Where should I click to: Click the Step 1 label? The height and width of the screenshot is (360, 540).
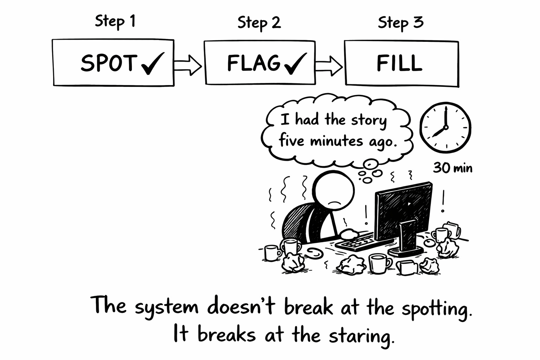[115, 22]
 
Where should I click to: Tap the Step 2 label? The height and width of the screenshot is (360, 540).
[259, 23]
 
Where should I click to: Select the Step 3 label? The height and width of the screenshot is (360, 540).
[400, 23]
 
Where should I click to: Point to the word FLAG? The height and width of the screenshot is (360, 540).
[253, 63]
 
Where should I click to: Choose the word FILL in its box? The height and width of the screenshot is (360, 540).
[399, 64]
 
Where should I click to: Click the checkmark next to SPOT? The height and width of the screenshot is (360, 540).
[152, 64]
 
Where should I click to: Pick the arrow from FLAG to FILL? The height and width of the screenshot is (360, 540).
[329, 65]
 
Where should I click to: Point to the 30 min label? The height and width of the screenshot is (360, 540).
[452, 168]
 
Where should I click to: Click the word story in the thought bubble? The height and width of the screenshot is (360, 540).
[369, 121]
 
